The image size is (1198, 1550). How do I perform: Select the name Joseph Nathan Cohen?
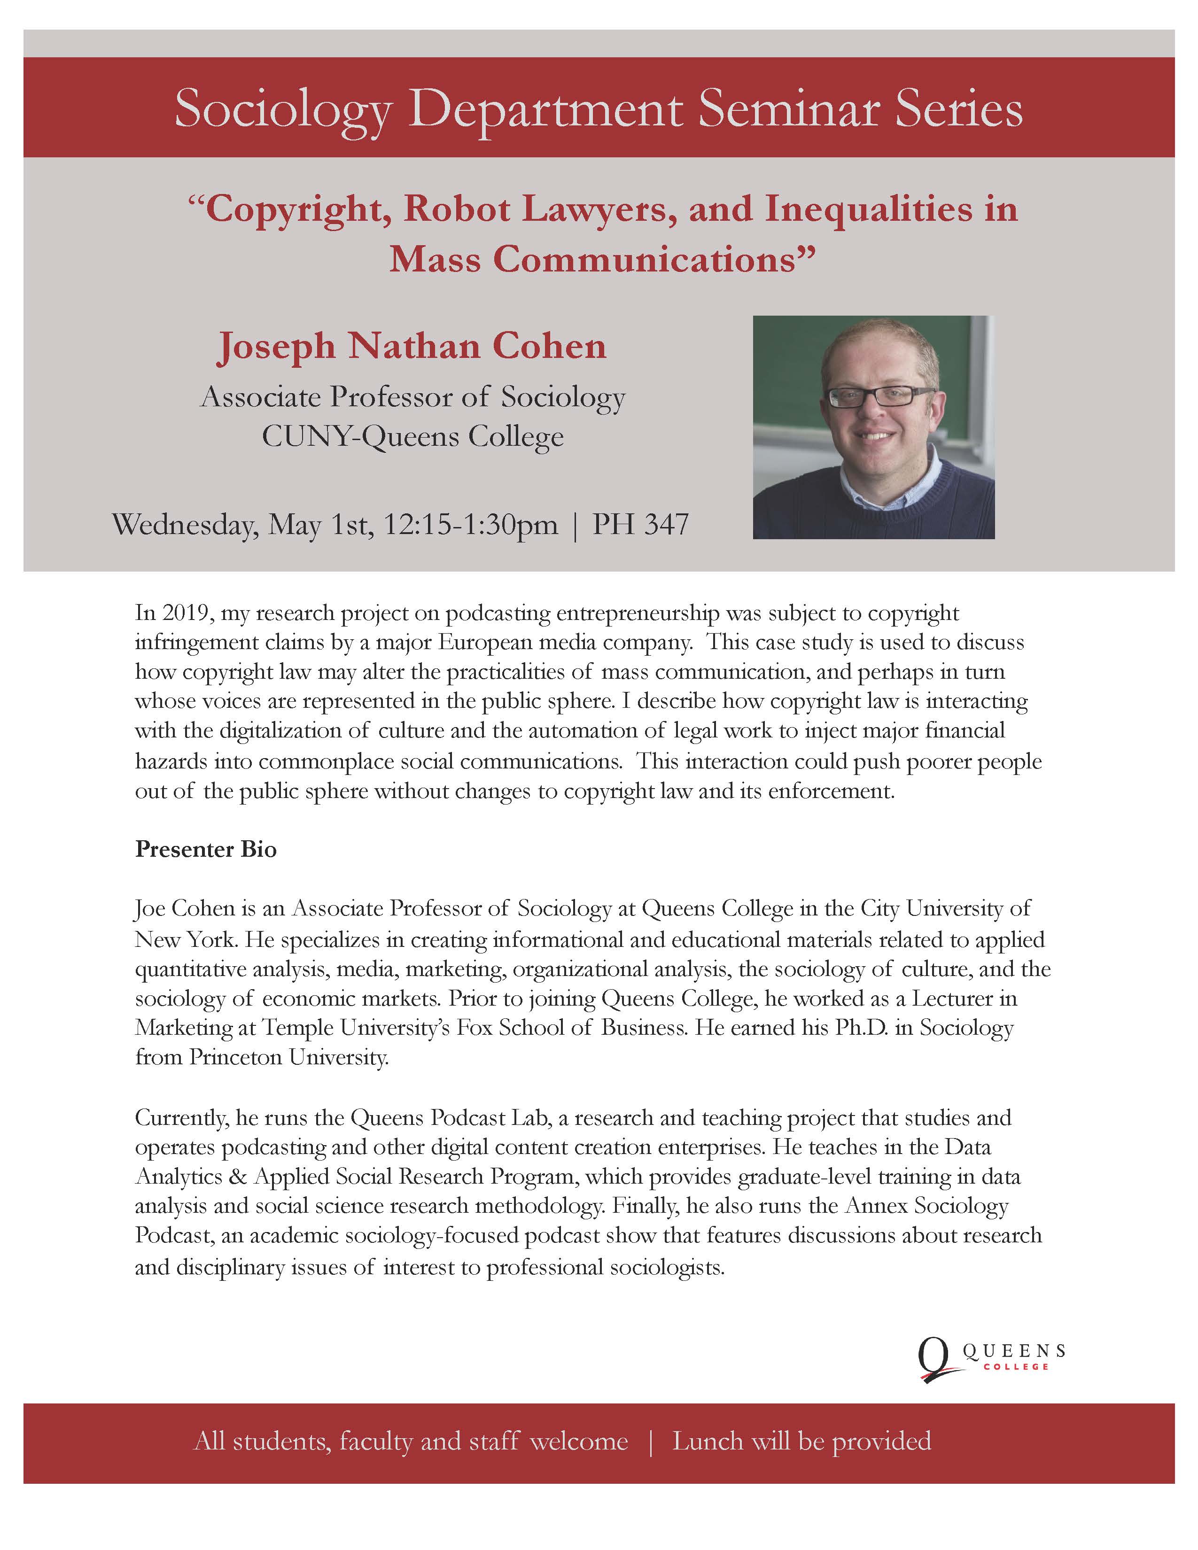[412, 346]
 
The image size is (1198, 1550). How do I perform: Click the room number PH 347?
[641, 525]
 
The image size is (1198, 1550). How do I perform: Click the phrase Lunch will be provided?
[802, 1441]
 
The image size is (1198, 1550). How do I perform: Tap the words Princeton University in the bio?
[289, 1057]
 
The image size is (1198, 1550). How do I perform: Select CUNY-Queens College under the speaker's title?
[412, 436]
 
